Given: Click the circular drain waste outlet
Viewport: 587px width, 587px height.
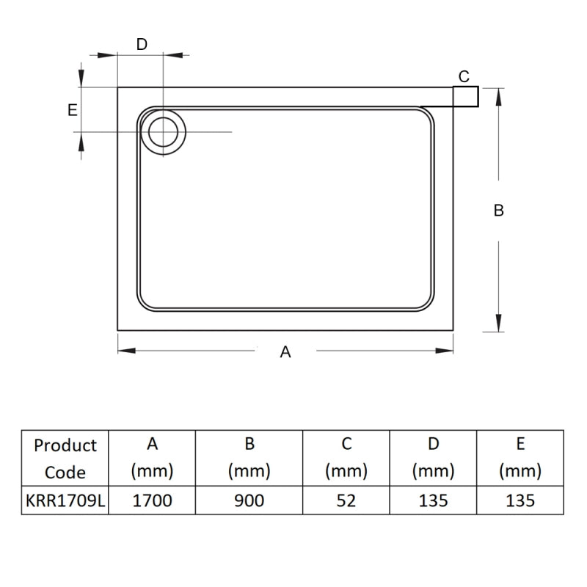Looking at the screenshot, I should [x=163, y=131].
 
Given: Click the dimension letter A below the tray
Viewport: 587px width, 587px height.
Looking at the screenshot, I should [x=285, y=352].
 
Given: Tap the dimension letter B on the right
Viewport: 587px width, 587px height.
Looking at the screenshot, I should [x=498, y=211].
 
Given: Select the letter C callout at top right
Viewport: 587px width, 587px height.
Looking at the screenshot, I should [x=464, y=76].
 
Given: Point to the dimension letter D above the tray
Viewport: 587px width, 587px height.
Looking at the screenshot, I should [x=142, y=44].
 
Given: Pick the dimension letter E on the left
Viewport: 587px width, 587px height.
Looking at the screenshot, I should [x=72, y=110].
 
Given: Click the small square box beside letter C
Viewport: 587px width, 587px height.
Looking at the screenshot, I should [x=466, y=96].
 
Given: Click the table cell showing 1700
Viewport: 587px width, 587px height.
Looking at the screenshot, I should [x=152, y=501].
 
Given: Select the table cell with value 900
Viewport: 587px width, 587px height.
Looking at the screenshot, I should [x=249, y=501].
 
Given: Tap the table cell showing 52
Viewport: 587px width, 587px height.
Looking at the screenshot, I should [x=346, y=501].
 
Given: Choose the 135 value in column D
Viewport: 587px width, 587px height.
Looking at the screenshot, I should [x=433, y=501].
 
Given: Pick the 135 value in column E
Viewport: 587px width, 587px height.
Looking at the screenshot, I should [x=519, y=501].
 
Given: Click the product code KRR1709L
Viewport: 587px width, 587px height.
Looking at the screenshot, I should [x=65, y=501].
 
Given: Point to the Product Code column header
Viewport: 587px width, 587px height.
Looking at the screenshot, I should [x=65, y=459].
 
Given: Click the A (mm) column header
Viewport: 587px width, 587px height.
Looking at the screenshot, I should [x=152, y=458].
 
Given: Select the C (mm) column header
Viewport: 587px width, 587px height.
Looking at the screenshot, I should [x=346, y=458].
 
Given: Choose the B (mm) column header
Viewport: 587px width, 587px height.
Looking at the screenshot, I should [x=249, y=458].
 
